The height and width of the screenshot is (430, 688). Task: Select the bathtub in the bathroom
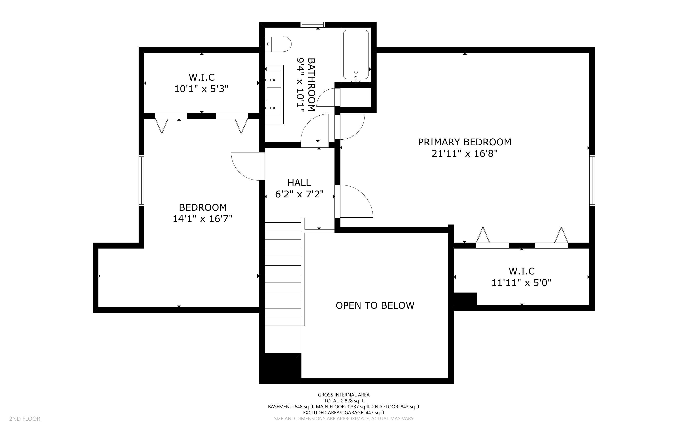[356, 55]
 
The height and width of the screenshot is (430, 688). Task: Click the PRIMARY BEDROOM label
[464, 142]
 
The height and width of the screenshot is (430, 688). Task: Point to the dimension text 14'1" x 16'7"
[203, 219]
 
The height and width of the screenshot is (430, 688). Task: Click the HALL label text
[299, 183]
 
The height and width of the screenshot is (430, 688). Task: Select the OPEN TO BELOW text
[375, 305]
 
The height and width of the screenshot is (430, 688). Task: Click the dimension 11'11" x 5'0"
[522, 283]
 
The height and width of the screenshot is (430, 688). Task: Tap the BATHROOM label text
[312, 84]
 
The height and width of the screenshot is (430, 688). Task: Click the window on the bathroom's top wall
[313, 25]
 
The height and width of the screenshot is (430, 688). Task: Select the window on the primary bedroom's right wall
[592, 180]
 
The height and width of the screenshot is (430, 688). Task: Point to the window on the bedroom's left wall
[141, 180]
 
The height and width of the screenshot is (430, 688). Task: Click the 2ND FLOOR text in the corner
[25, 419]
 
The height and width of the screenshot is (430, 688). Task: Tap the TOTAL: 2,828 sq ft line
[344, 401]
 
